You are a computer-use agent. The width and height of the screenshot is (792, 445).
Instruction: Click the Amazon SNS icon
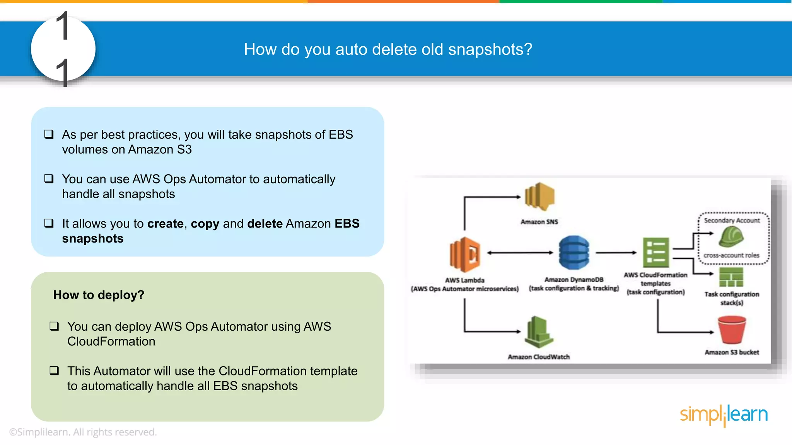click(x=539, y=197)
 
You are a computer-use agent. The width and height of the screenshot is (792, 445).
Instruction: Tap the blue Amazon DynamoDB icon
click(x=574, y=253)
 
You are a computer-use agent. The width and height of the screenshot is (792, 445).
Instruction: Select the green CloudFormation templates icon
click(x=656, y=253)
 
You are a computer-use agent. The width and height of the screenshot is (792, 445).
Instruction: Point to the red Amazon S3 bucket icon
click(x=731, y=330)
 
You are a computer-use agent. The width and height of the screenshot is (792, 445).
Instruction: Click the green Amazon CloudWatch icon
click(x=538, y=332)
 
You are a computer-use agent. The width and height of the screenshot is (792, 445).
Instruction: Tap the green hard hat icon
click(x=731, y=236)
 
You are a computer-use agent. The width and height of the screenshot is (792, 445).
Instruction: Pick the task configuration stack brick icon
click(x=731, y=277)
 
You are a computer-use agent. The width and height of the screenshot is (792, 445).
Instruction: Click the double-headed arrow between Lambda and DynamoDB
click(x=520, y=253)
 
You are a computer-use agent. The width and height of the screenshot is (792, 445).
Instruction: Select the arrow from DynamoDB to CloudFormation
click(x=616, y=253)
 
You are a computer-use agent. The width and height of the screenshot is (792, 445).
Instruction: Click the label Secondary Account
click(x=732, y=221)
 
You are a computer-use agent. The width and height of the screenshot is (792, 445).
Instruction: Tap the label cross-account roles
click(x=731, y=255)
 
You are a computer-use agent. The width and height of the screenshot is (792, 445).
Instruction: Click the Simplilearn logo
click(x=724, y=415)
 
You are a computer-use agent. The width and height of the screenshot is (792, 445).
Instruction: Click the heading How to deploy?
click(x=99, y=295)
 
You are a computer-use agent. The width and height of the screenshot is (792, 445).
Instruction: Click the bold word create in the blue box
click(x=165, y=224)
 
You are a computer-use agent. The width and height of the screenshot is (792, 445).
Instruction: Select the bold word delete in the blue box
click(x=265, y=224)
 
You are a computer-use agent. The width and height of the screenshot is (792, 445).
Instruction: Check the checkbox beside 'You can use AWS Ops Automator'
click(x=49, y=179)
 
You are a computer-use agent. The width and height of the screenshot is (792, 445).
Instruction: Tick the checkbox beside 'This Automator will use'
click(x=54, y=371)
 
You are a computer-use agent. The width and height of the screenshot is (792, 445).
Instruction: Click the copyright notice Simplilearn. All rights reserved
click(x=83, y=432)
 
